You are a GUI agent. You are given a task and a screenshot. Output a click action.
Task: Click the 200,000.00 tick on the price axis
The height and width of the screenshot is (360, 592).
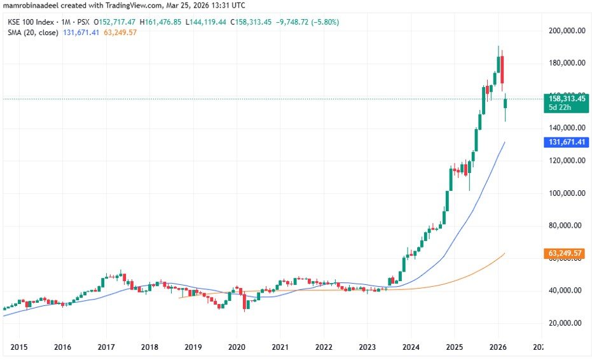[x=566, y=30]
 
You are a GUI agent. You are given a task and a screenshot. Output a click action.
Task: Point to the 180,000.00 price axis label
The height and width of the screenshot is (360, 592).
[x=566, y=63]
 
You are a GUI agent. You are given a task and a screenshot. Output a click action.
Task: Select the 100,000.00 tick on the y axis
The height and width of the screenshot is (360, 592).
[x=566, y=193]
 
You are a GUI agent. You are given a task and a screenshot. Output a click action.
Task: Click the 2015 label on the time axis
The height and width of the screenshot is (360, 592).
[x=18, y=347]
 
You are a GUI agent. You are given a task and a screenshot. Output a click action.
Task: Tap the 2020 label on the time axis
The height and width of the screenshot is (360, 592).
[x=237, y=347]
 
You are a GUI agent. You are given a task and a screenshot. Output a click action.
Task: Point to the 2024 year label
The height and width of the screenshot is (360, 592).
[x=411, y=347]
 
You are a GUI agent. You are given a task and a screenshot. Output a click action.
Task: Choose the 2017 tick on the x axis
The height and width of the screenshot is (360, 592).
[x=106, y=347]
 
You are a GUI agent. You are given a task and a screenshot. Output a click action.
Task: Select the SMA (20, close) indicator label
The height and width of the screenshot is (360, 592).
[x=33, y=32]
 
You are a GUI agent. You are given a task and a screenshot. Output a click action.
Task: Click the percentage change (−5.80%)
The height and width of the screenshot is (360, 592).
[x=323, y=22]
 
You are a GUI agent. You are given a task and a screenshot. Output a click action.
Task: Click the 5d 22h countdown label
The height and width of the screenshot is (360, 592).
[x=561, y=108]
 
